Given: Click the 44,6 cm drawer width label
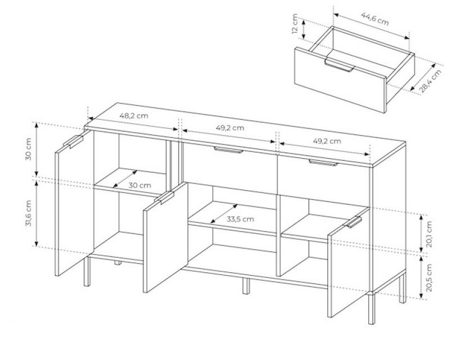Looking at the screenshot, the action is click(375, 19).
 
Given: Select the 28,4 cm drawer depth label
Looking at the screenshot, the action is click(431, 81).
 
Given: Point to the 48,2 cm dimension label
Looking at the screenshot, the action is click(134, 115).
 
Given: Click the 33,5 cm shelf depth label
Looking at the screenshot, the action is click(240, 219).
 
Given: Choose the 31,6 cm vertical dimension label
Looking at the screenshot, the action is click(29, 213).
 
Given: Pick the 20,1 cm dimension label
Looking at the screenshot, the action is click(429, 234).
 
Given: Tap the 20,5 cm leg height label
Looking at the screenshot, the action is click(429, 278).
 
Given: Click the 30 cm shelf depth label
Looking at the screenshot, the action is click(139, 185).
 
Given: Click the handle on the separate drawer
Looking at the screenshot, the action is click(339, 65).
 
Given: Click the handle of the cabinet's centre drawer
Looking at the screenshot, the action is click(228, 150).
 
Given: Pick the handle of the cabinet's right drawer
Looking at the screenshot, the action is click(323, 163).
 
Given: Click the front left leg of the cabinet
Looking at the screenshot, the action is click(87, 272).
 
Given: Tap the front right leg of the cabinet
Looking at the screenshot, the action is click(372, 308).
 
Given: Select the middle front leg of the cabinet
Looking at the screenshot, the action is click(246, 285).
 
